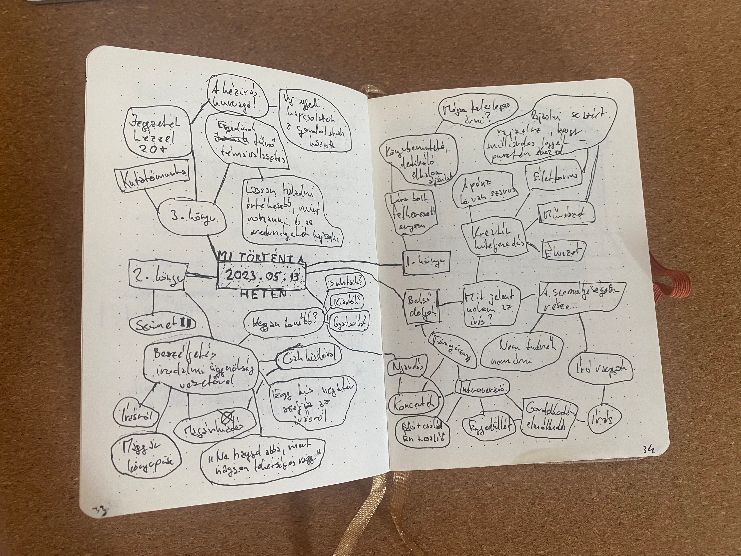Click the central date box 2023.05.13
[x=262, y=275]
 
